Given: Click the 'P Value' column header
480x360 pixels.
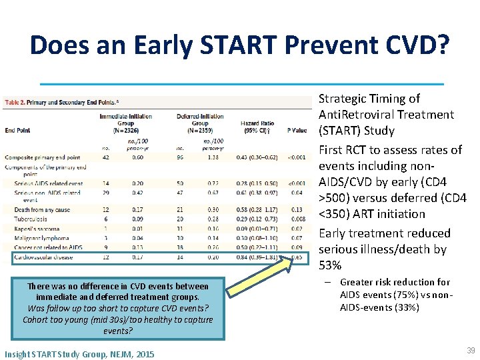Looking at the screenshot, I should [x=297, y=130].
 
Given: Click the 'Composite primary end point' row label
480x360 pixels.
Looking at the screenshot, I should [x=41, y=157].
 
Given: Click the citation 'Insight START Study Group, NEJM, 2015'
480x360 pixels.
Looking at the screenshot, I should [x=79, y=353].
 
